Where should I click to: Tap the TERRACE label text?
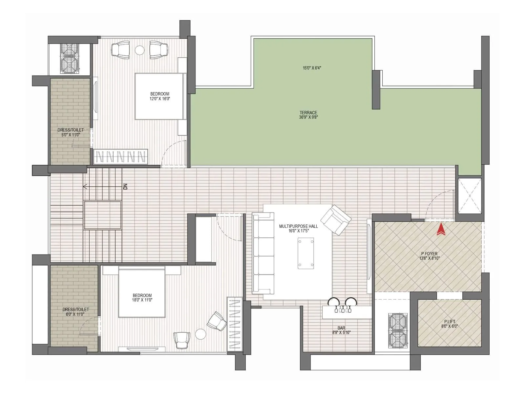point(308,113)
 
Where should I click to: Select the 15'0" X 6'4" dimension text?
point(312,68)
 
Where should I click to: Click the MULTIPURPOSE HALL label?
point(298,226)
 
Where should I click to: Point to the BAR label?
point(341,328)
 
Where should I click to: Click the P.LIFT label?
point(449,322)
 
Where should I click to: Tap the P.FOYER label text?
point(429,254)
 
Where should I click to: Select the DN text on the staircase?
point(125,187)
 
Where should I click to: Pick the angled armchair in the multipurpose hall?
point(335,220)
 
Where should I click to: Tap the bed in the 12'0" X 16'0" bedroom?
point(159,96)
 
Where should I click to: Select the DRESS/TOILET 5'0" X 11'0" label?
point(71,132)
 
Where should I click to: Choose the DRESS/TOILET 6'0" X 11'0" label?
point(75,311)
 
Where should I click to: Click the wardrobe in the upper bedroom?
point(120,157)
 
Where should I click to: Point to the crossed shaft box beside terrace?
point(470,196)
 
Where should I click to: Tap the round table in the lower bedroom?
point(200,334)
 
